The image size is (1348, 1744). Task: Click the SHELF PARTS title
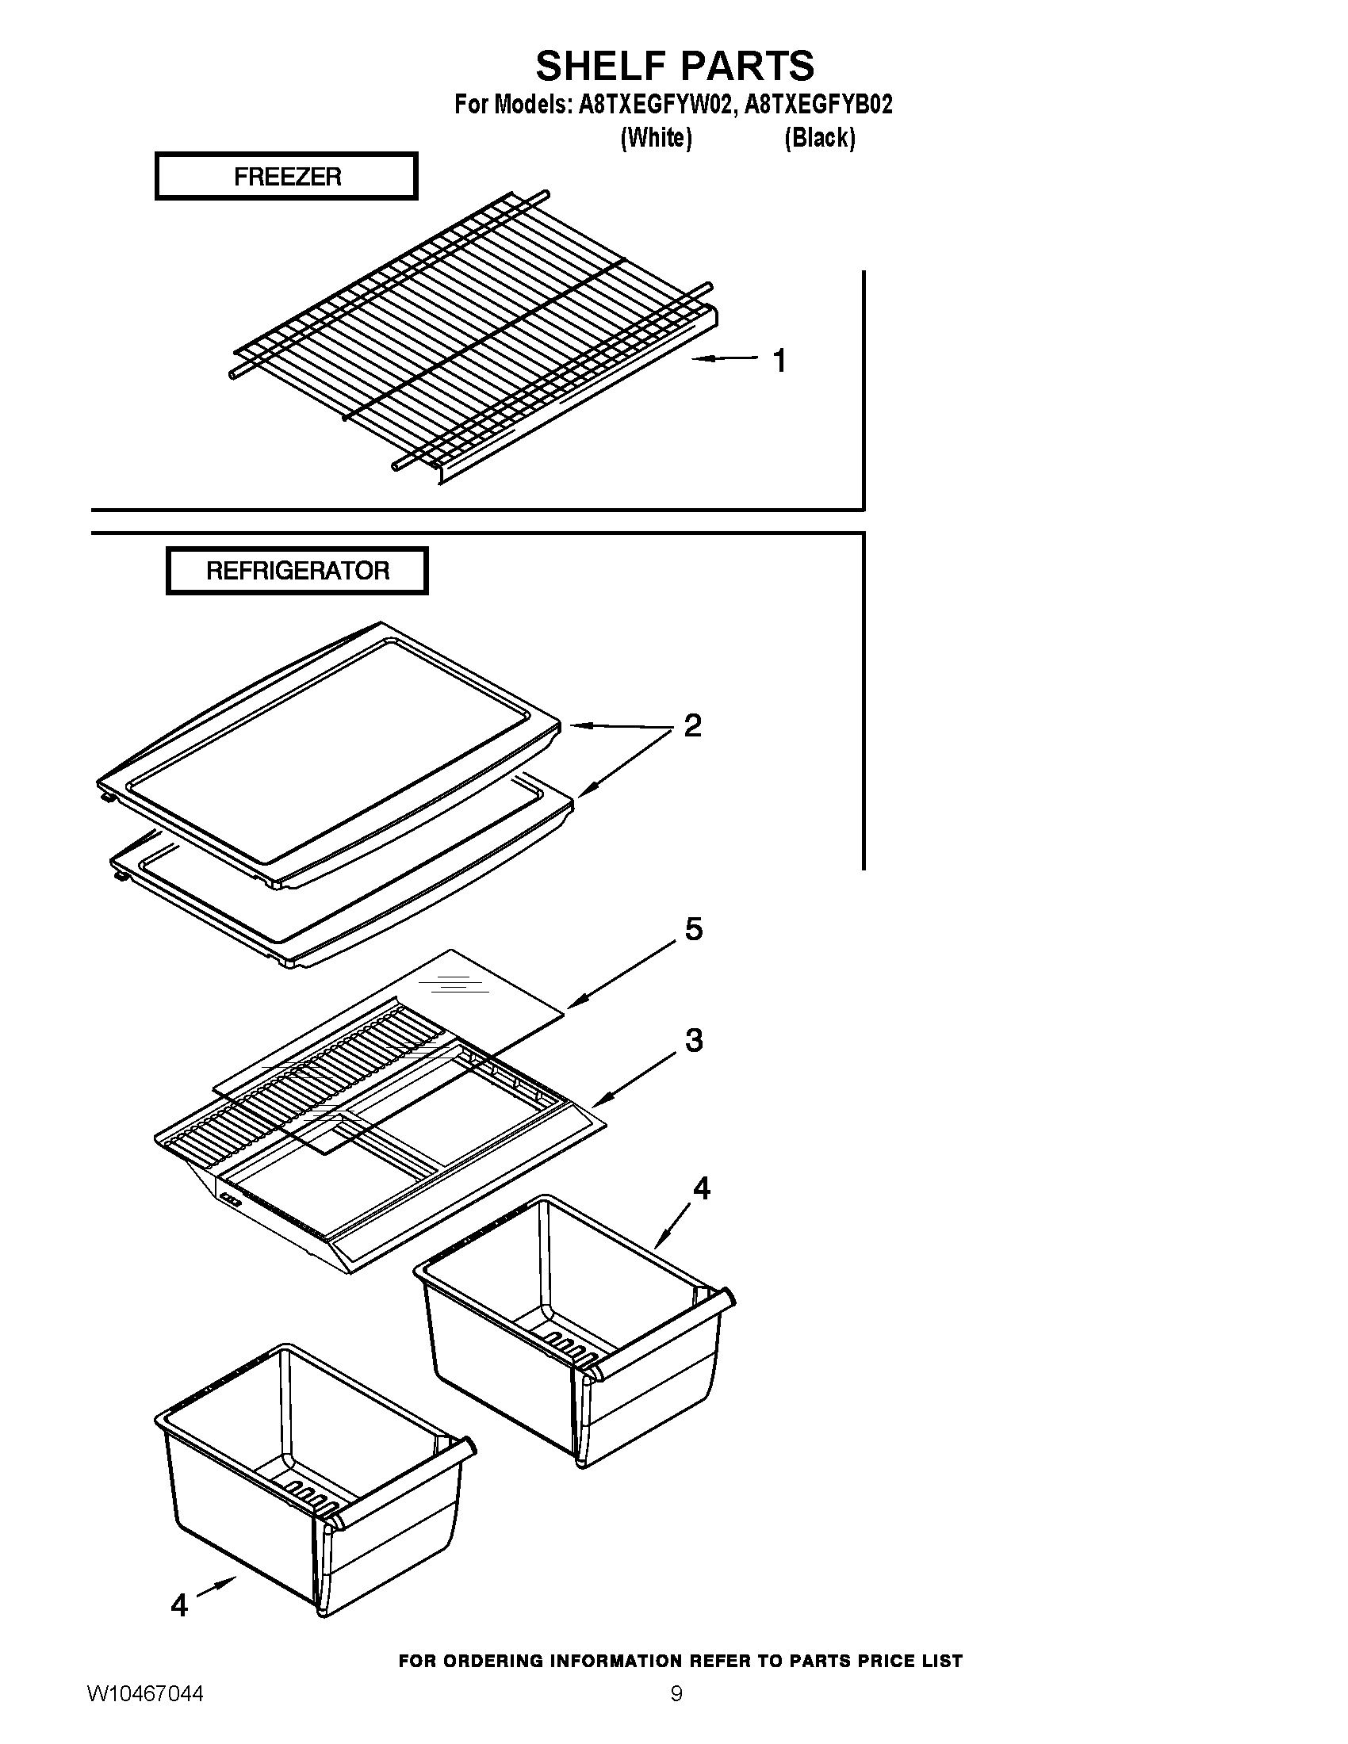click(x=674, y=66)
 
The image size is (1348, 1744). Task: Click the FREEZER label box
click(x=286, y=176)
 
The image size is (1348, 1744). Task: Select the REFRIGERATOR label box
click(x=297, y=571)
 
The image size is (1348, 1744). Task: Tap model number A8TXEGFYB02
click(x=818, y=105)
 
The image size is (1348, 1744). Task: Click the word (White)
click(x=656, y=138)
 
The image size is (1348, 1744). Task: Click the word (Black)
click(x=819, y=138)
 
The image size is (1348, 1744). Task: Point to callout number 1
click(x=779, y=360)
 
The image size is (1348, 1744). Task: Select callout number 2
click(x=692, y=725)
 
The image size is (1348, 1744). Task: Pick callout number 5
click(x=694, y=929)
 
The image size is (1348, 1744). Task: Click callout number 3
click(x=694, y=1040)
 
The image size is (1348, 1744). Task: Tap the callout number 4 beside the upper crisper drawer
click(x=700, y=1188)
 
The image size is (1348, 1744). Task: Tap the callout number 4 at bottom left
click(x=179, y=1604)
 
